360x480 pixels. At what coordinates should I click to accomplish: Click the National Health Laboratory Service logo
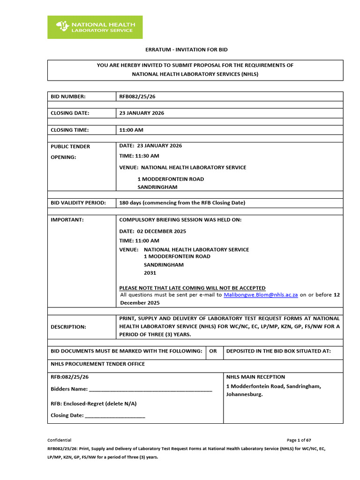coord(95,27)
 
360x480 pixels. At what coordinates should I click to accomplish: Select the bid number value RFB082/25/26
coord(137,97)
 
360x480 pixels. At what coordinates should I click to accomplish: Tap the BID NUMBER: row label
coord(68,97)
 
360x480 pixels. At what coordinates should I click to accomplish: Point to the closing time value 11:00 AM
coord(131,130)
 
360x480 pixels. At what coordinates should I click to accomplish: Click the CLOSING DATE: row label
coord(70,113)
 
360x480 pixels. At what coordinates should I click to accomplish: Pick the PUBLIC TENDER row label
coord(70,146)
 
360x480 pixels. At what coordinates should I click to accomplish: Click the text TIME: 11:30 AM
coord(139,156)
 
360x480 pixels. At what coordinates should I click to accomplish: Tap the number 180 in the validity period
coord(125,203)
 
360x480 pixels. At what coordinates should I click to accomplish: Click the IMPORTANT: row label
coord(67,219)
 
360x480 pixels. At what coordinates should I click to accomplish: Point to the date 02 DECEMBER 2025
coord(161,231)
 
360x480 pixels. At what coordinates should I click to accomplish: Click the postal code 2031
coord(150,273)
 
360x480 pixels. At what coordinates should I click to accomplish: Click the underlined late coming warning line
coord(192,288)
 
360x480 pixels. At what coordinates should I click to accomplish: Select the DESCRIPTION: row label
coord(68,327)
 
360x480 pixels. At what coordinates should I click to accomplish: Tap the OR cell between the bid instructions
coord(213,351)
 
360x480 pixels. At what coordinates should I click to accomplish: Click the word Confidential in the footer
coord(60,440)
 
